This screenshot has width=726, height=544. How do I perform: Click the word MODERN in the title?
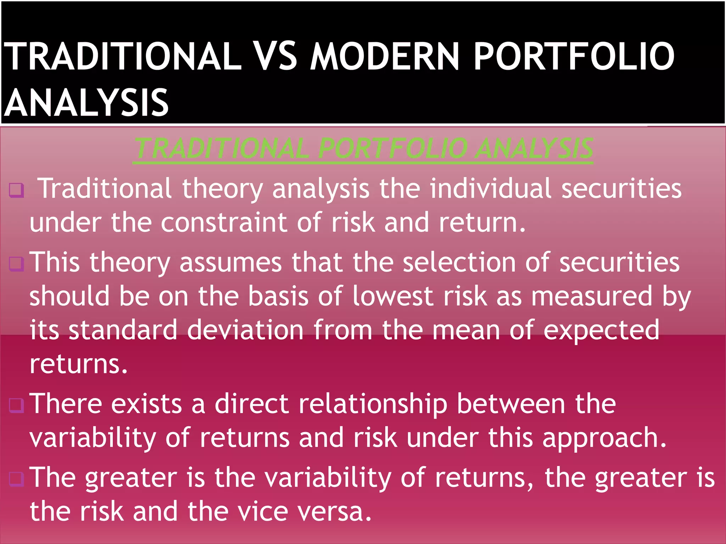[x=385, y=57]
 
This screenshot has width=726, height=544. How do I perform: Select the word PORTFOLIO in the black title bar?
[x=574, y=57]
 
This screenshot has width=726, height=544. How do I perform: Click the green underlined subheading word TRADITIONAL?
[x=222, y=148]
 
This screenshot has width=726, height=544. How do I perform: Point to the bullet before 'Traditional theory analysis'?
[x=17, y=190]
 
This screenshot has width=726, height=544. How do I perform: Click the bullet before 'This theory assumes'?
[x=17, y=264]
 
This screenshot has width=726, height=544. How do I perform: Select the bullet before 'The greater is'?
[x=17, y=479]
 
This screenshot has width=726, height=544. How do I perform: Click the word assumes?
[x=231, y=263]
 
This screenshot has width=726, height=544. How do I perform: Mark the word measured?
[x=592, y=296]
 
